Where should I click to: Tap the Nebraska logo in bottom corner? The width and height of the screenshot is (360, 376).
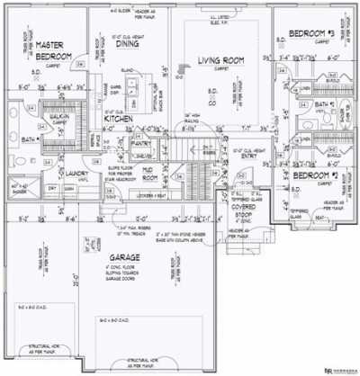(x=339, y=369)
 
